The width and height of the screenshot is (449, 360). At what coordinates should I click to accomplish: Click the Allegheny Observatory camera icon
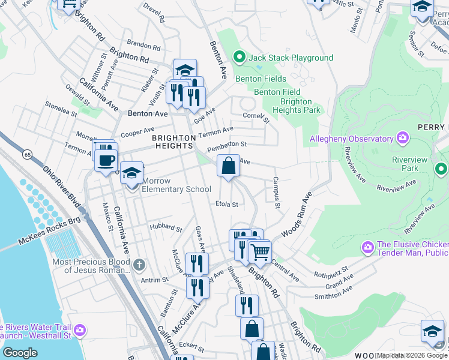(x=402, y=139)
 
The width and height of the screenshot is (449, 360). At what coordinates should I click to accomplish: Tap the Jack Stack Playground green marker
(x=240, y=58)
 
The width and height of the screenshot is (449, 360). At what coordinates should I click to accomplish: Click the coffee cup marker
(x=106, y=160)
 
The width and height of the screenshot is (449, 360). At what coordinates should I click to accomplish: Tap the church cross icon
(x=139, y=265)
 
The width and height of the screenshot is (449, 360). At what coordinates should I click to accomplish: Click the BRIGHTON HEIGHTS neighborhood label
(x=174, y=142)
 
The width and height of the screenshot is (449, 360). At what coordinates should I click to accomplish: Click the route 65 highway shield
(x=28, y=155)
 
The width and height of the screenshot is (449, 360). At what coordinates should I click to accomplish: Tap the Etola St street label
(x=227, y=204)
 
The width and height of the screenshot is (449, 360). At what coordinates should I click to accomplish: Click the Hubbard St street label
(x=166, y=228)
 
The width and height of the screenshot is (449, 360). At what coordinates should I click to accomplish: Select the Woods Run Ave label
(x=300, y=215)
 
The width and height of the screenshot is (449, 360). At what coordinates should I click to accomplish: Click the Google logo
(x=20, y=352)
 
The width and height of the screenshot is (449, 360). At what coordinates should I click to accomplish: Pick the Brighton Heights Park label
(x=296, y=106)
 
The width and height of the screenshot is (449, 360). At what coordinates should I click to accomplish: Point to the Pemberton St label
(x=227, y=145)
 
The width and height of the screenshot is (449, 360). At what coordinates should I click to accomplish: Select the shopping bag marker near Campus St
(x=228, y=166)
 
